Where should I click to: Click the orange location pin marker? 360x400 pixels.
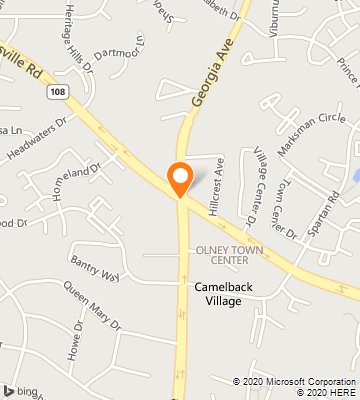(x=180, y=177)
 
